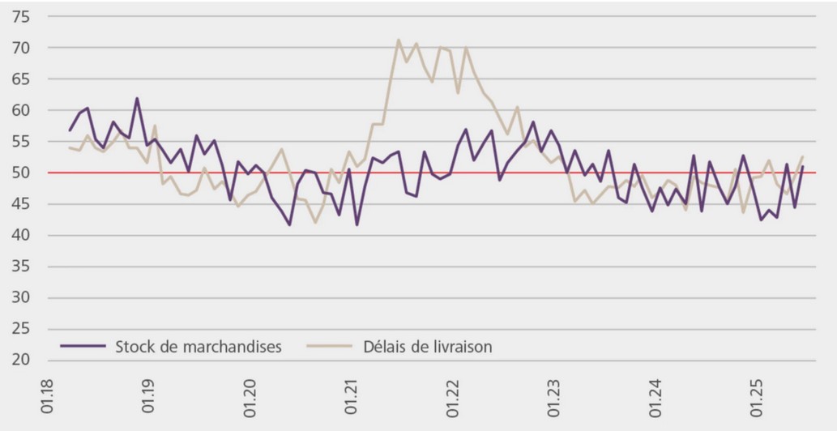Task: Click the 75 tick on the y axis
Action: click(x=21, y=17)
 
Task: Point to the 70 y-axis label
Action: click(x=21, y=48)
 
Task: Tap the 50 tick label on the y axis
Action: click(x=21, y=173)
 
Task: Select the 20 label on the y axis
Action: click(x=21, y=360)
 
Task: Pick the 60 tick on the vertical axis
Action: click(x=21, y=110)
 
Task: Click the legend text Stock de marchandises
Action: click(x=199, y=347)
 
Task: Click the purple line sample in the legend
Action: click(x=83, y=346)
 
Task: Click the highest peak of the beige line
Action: click(x=399, y=40)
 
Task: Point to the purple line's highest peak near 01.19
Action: click(x=137, y=99)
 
